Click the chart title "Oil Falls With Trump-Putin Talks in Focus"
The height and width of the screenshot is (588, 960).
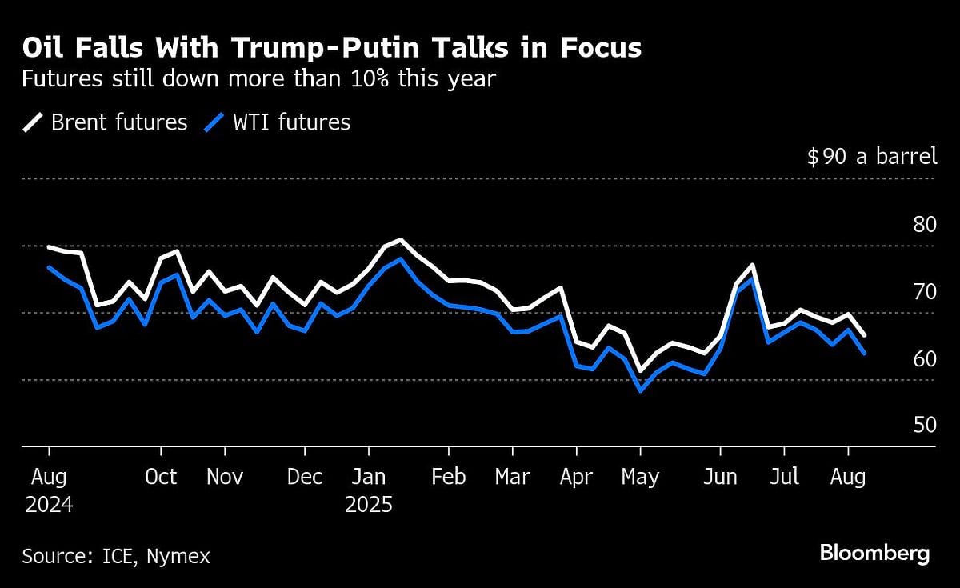pos(331,48)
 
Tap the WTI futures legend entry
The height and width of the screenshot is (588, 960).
pos(278,122)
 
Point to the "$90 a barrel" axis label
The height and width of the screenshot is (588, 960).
pos(871,156)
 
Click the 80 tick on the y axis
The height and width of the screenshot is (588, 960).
pos(924,224)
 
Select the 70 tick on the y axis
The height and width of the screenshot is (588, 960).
pos(924,291)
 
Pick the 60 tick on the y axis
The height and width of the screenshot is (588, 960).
pos(924,358)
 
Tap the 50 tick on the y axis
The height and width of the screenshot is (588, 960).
pos(924,425)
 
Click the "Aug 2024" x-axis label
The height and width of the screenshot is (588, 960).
pos(48,490)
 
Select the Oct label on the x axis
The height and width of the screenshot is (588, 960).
pos(161,477)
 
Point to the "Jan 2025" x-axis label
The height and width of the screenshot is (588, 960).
pos(368,490)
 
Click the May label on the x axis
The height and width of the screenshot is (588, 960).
pos(640,477)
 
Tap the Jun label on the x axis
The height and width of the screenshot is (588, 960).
pos(720,477)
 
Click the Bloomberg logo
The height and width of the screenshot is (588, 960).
pos(874,553)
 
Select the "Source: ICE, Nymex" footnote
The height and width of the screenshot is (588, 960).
pos(116,556)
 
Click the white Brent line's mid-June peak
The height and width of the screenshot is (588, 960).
pos(752,265)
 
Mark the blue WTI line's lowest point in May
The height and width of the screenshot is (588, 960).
pos(640,390)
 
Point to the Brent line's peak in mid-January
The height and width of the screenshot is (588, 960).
pos(400,240)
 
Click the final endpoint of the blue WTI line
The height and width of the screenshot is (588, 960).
pos(864,353)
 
